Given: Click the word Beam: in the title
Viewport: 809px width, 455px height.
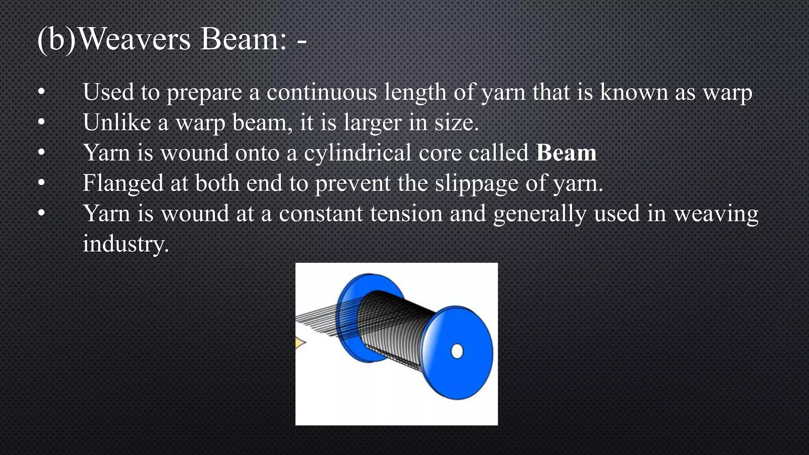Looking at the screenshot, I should click(243, 39).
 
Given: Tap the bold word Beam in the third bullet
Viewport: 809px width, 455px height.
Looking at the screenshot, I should click(566, 153).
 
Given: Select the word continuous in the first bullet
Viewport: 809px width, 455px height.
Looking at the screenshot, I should click(322, 92).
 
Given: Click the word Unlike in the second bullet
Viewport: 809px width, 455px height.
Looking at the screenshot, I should click(117, 122).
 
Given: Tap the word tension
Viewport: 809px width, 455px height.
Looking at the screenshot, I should click(406, 214).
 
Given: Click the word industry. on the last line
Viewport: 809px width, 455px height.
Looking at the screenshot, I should click(126, 244).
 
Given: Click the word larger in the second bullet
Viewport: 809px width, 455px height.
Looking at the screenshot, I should click(372, 123).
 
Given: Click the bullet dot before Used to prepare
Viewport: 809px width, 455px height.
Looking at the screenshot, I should click(41, 93).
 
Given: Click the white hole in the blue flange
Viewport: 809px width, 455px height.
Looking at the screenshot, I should click(457, 351).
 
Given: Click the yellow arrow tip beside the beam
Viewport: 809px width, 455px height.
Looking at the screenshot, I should click(299, 343).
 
